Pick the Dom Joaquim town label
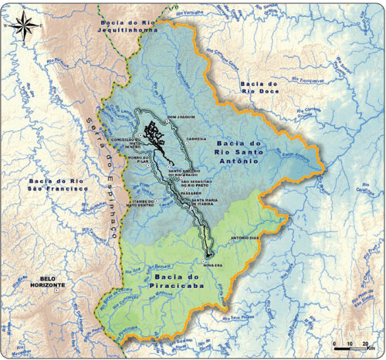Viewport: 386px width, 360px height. coord(180,117)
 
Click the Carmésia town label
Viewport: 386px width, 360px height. coord(198,140)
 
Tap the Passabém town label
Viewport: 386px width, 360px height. coord(191,194)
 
